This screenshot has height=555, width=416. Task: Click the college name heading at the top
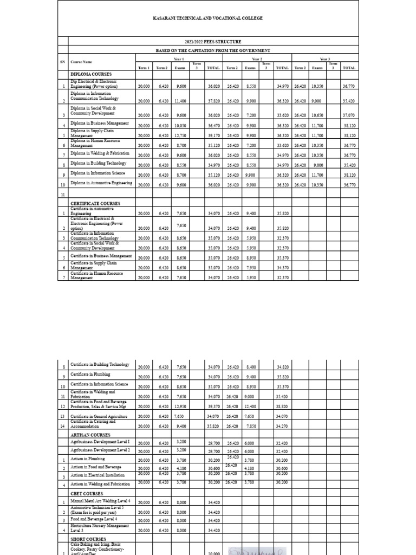[x=208, y=18]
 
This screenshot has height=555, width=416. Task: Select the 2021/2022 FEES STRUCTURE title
[x=208, y=42]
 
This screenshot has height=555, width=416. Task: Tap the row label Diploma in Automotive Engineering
[x=101, y=183]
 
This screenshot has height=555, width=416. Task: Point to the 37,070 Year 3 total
[x=349, y=115]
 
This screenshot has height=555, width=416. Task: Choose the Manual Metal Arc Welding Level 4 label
[x=103, y=501]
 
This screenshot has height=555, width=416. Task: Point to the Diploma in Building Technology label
[x=98, y=163]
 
